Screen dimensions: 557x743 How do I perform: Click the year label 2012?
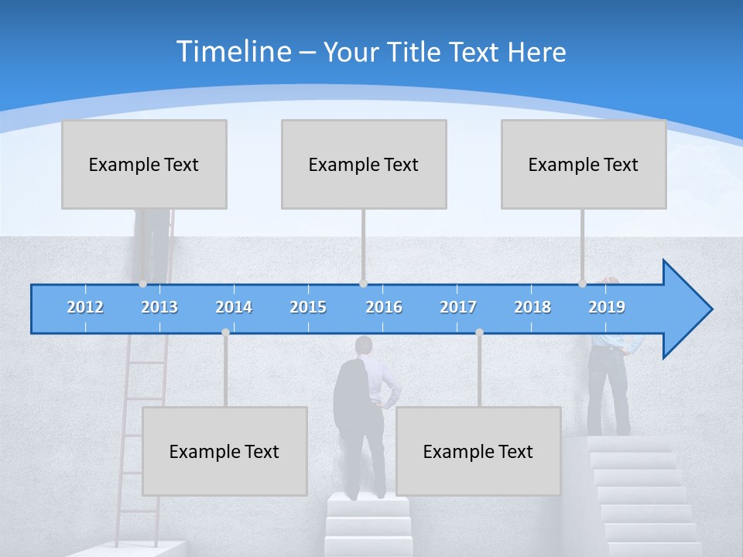point(85,307)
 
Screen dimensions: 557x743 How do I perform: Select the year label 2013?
point(159,307)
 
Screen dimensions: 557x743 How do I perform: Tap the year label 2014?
point(234,307)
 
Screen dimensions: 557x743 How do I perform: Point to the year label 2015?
point(308,307)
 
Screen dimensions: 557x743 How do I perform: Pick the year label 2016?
point(384,307)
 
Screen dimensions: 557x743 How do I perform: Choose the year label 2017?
point(458,307)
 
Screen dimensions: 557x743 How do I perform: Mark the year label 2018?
point(532,307)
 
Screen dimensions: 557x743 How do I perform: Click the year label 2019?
point(607,307)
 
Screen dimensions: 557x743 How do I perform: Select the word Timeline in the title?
point(233,52)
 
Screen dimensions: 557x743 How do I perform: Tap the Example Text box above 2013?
point(144,164)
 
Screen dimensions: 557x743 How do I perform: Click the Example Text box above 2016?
point(364,164)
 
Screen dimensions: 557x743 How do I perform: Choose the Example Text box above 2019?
point(584,164)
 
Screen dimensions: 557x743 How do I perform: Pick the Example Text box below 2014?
point(224,451)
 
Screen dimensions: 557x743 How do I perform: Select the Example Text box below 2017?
point(478,451)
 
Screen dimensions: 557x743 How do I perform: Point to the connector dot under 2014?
point(225,333)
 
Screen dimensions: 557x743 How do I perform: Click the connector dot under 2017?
point(479,333)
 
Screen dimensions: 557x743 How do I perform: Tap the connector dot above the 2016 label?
point(363,283)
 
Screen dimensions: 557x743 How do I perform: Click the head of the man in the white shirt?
point(364,345)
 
